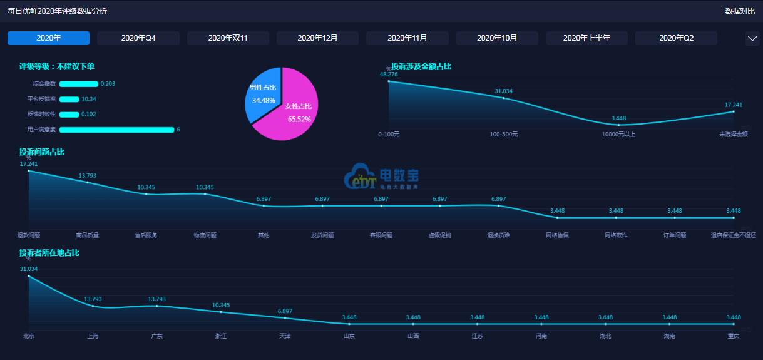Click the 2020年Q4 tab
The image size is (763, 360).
click(x=138, y=38)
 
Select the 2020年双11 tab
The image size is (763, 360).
click(x=228, y=38)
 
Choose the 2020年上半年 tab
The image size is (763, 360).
click(x=586, y=38)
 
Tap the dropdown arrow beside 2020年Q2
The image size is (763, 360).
click(x=752, y=38)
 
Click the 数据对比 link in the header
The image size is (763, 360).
click(x=740, y=11)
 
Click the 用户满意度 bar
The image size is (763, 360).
click(x=116, y=130)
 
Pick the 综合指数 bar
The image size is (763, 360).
click(x=79, y=84)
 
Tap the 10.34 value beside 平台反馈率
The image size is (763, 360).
click(x=89, y=99)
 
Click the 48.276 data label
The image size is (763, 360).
click(x=389, y=74)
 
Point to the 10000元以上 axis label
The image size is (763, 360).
click(x=618, y=134)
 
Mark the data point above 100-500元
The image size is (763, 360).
click(x=504, y=98)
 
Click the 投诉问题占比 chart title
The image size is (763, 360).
click(x=41, y=152)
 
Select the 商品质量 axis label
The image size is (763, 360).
click(x=87, y=235)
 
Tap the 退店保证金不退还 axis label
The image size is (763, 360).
click(x=733, y=235)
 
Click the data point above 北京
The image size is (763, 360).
click(x=29, y=275)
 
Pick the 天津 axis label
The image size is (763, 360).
click(x=285, y=336)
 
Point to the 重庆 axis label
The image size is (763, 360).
click(x=733, y=336)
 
